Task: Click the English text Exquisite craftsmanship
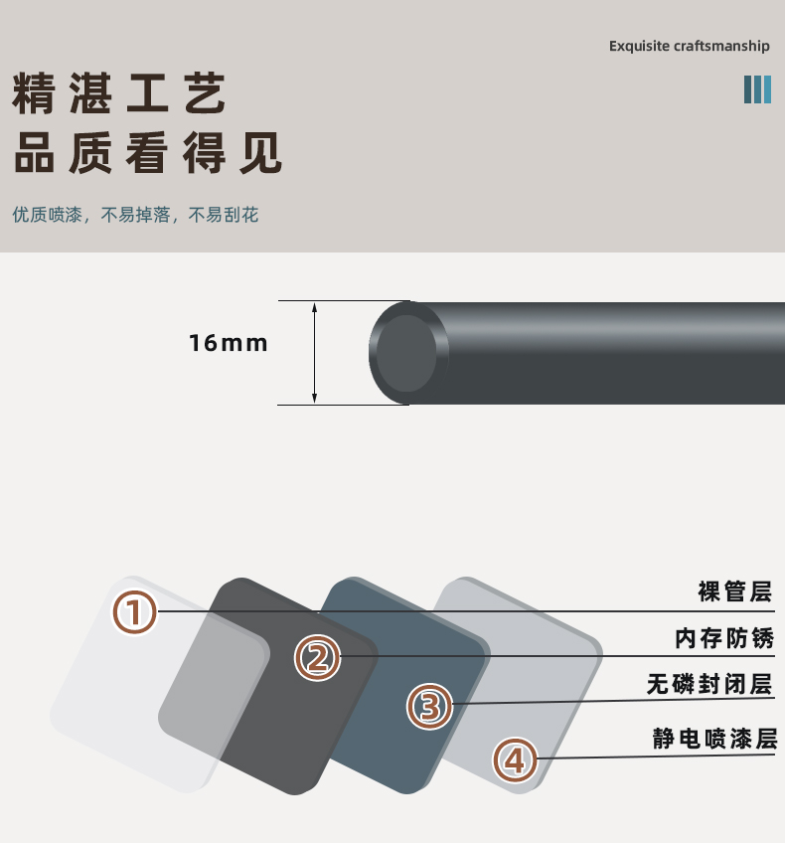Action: point(689,47)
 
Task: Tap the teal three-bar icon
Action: point(757,89)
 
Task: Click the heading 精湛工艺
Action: point(119,93)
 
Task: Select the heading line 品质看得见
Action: point(148,153)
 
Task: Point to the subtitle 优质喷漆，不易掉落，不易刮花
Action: point(135,215)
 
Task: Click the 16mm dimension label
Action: point(229,343)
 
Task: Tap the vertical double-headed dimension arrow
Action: point(314,353)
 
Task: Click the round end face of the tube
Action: point(406,353)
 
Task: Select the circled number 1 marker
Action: point(134,613)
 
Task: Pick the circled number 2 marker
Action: point(318,657)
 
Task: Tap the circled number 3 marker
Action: point(430,707)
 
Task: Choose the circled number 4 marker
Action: point(516,760)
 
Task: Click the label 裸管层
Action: point(735,591)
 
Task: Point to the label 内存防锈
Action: point(724,638)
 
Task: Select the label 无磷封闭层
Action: point(709,684)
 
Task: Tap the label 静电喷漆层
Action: point(715,739)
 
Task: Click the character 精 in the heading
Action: point(34,93)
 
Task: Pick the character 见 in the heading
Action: point(261,153)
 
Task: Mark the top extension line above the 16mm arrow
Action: point(344,301)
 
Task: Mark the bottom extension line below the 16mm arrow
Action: point(343,405)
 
